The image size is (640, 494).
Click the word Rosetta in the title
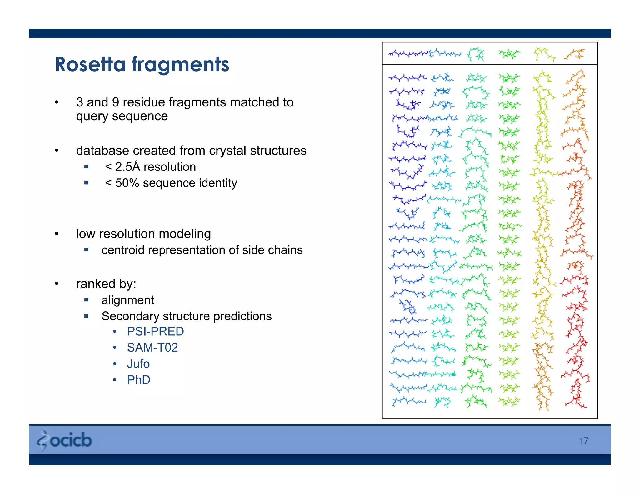[x=90, y=64]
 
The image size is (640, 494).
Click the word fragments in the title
[x=180, y=64]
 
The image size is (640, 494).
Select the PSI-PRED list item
[x=155, y=331]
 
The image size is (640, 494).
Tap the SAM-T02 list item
[x=152, y=348]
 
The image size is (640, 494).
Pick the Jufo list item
[x=138, y=364]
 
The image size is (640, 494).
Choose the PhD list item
[x=138, y=380]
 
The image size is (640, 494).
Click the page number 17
[x=583, y=441]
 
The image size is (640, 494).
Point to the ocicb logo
[x=65, y=440]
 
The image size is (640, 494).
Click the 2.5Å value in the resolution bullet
[x=127, y=167]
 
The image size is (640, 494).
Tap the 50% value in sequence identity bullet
[x=127, y=183]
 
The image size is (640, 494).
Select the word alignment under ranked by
[x=127, y=300]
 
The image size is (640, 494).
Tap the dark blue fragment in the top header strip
[x=408, y=54]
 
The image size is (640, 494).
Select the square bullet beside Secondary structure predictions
[x=87, y=316]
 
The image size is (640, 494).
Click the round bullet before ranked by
[x=57, y=284]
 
